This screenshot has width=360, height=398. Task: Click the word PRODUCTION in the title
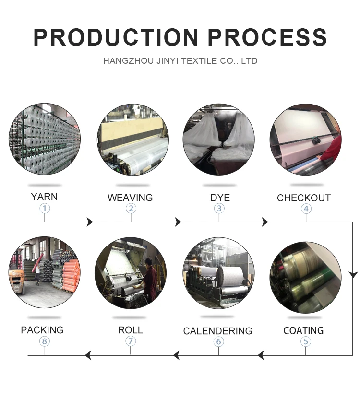[116, 37]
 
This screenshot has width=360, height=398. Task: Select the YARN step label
[44, 197]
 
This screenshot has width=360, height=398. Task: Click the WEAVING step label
[130, 198]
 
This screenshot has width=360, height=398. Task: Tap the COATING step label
[303, 330]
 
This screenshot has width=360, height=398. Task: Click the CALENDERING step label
[217, 331]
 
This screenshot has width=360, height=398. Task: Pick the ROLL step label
[130, 330]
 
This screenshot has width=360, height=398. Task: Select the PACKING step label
[42, 330]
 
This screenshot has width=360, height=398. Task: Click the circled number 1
[45, 209]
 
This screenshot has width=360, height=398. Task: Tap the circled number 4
[306, 209]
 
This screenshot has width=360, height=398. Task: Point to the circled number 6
[219, 341]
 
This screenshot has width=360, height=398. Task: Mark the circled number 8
[45, 341]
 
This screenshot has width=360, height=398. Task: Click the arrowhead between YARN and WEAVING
[89, 222]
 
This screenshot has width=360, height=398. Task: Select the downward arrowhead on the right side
[353, 274]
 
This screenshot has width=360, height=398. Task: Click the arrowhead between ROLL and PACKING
[88, 355]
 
